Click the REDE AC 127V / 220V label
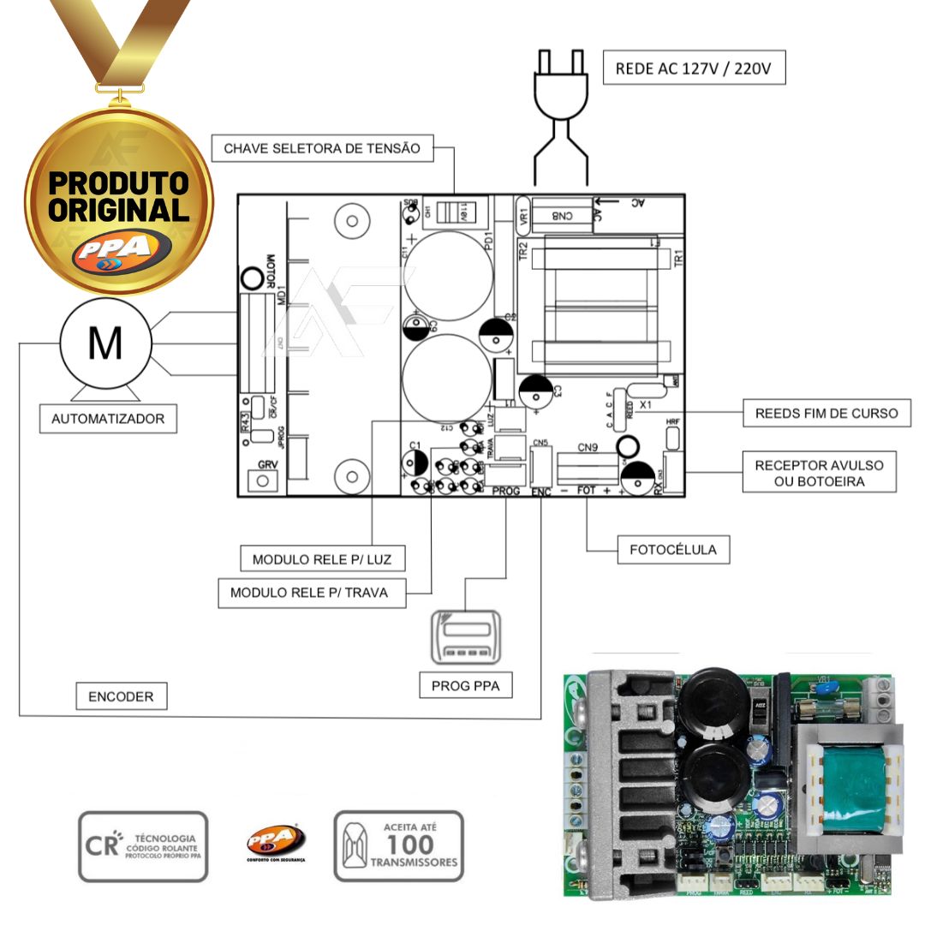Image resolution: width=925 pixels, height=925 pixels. point(695,69)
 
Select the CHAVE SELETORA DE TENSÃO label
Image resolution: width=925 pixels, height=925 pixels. point(322,148)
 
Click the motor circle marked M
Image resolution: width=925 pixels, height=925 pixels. point(105,343)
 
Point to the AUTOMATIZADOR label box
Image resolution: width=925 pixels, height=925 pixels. point(108,420)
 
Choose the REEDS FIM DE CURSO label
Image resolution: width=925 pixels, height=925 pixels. point(827,413)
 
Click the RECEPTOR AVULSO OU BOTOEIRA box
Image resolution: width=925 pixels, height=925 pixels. point(819,473)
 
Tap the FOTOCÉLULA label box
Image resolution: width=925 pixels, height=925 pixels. point(674,549)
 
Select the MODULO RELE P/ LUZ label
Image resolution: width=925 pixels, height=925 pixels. point(322,560)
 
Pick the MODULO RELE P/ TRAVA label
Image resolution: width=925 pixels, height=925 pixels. point(309,593)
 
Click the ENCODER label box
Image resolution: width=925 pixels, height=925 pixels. point(121,696)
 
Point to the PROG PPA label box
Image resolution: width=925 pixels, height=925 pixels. point(466,685)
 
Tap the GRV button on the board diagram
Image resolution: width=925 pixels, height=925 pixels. point(263,480)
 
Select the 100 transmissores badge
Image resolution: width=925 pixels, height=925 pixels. point(398,846)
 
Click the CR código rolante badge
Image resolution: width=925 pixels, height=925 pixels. point(143,847)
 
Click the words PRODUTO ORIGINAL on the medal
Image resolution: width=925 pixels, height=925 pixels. point(118,196)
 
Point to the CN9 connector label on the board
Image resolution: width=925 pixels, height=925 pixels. point(587,447)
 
